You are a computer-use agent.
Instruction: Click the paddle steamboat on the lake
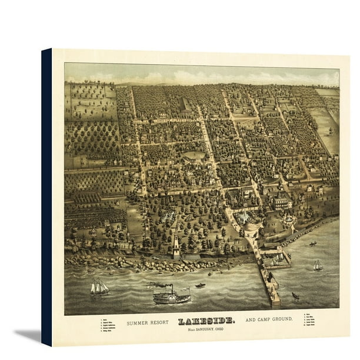171,296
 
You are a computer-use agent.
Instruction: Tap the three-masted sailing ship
99,287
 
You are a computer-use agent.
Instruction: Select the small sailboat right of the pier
318,266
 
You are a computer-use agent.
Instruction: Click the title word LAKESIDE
206,321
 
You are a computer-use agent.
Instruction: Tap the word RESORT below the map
159,322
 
